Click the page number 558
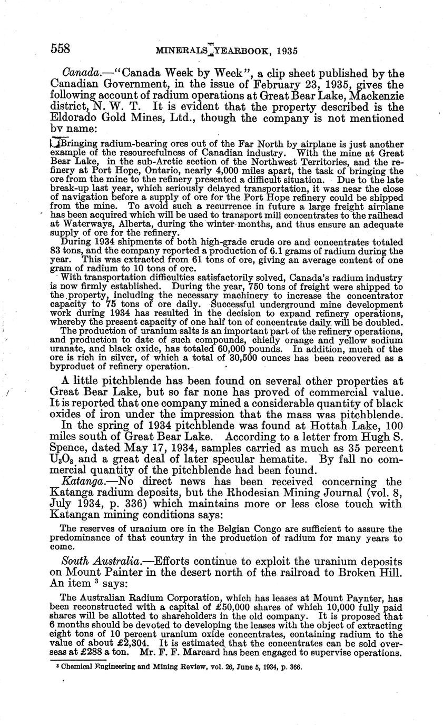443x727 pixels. click(x=61, y=49)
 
